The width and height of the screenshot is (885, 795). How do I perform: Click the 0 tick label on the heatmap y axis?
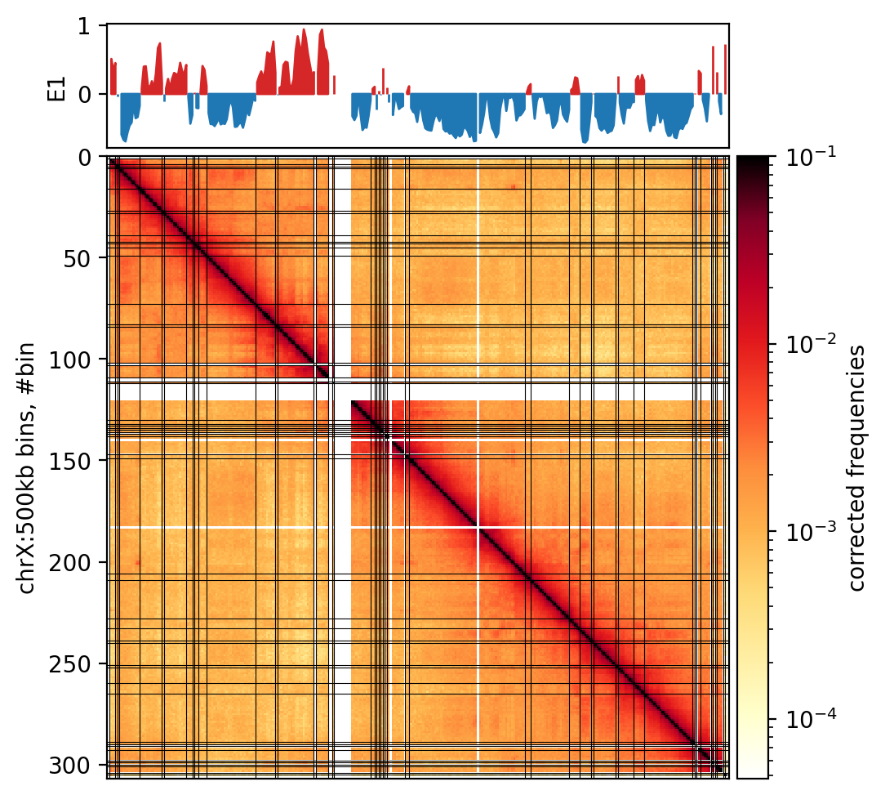(91, 157)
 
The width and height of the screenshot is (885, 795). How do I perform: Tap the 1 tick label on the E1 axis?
(91, 25)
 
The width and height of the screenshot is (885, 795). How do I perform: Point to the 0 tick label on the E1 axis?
(91, 94)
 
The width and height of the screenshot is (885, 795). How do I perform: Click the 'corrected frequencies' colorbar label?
(857, 467)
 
